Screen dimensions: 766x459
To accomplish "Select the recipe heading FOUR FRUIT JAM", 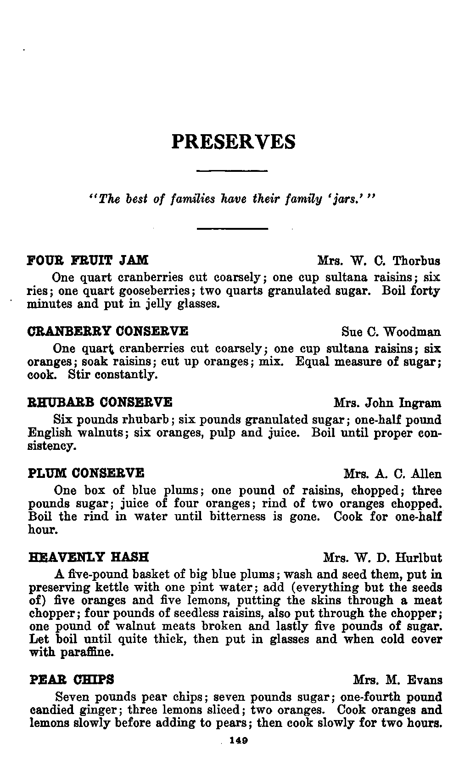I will coord(88,261).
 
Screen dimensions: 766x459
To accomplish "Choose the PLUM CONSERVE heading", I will coord(86,473).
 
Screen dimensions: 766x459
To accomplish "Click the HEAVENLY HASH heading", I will coord(89,558).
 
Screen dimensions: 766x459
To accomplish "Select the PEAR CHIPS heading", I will coord(72,679).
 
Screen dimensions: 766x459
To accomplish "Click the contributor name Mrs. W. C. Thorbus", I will coord(379,261).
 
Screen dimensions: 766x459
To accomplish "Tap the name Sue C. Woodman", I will coord(391,332).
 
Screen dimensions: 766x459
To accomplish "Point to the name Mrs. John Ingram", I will coord(387,403).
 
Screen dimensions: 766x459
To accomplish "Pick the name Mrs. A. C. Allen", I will coord(392,474).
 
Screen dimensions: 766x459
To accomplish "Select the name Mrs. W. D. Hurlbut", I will coord(382,559).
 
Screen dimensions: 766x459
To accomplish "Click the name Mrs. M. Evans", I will coord(397,680).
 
